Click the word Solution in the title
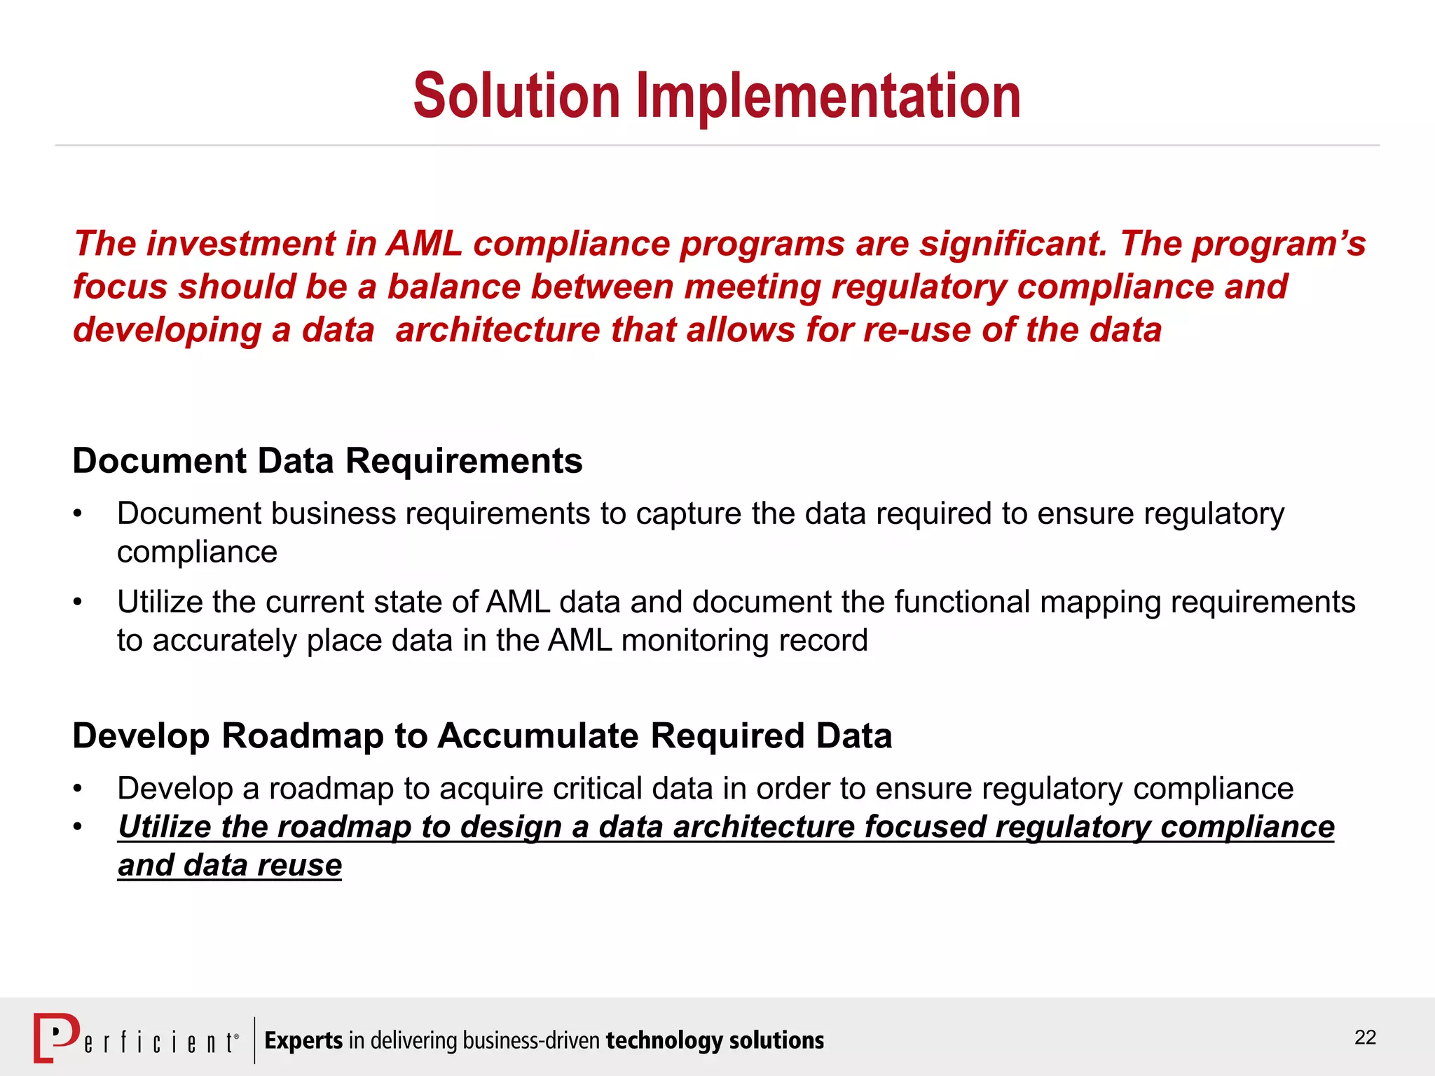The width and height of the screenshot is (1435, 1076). click(516, 97)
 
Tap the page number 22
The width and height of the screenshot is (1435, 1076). click(1365, 1037)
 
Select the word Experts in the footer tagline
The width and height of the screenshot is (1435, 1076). click(303, 1040)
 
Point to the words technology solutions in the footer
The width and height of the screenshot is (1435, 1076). click(715, 1040)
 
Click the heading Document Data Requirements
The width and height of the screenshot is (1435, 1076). click(327, 461)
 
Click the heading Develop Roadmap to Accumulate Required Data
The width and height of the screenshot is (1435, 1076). click(482, 736)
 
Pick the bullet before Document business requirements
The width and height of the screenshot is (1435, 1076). click(78, 514)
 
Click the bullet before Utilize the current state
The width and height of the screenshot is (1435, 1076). click(78, 602)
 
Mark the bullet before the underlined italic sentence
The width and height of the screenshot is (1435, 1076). click(78, 827)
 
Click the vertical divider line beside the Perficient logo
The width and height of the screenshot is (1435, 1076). click(254, 1040)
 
